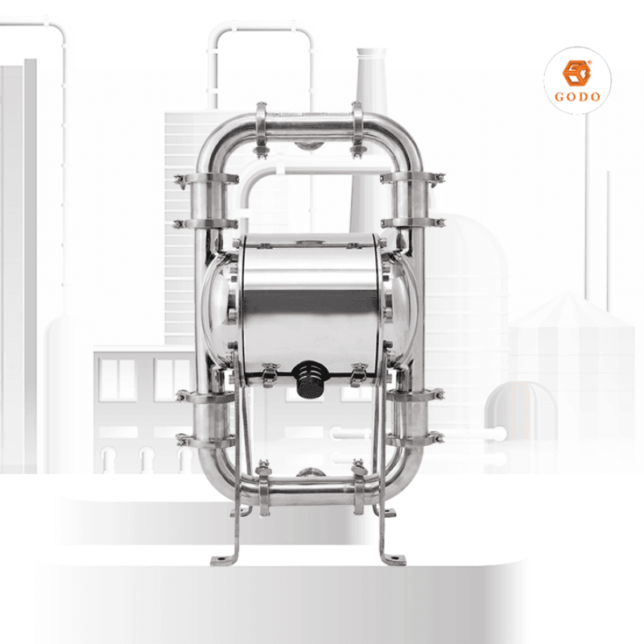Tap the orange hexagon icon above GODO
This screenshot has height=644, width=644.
(x=577, y=72)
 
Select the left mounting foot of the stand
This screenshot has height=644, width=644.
(x=223, y=559)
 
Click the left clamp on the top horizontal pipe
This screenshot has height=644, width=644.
(x=261, y=127)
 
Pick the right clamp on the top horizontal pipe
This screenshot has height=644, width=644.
(x=357, y=127)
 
